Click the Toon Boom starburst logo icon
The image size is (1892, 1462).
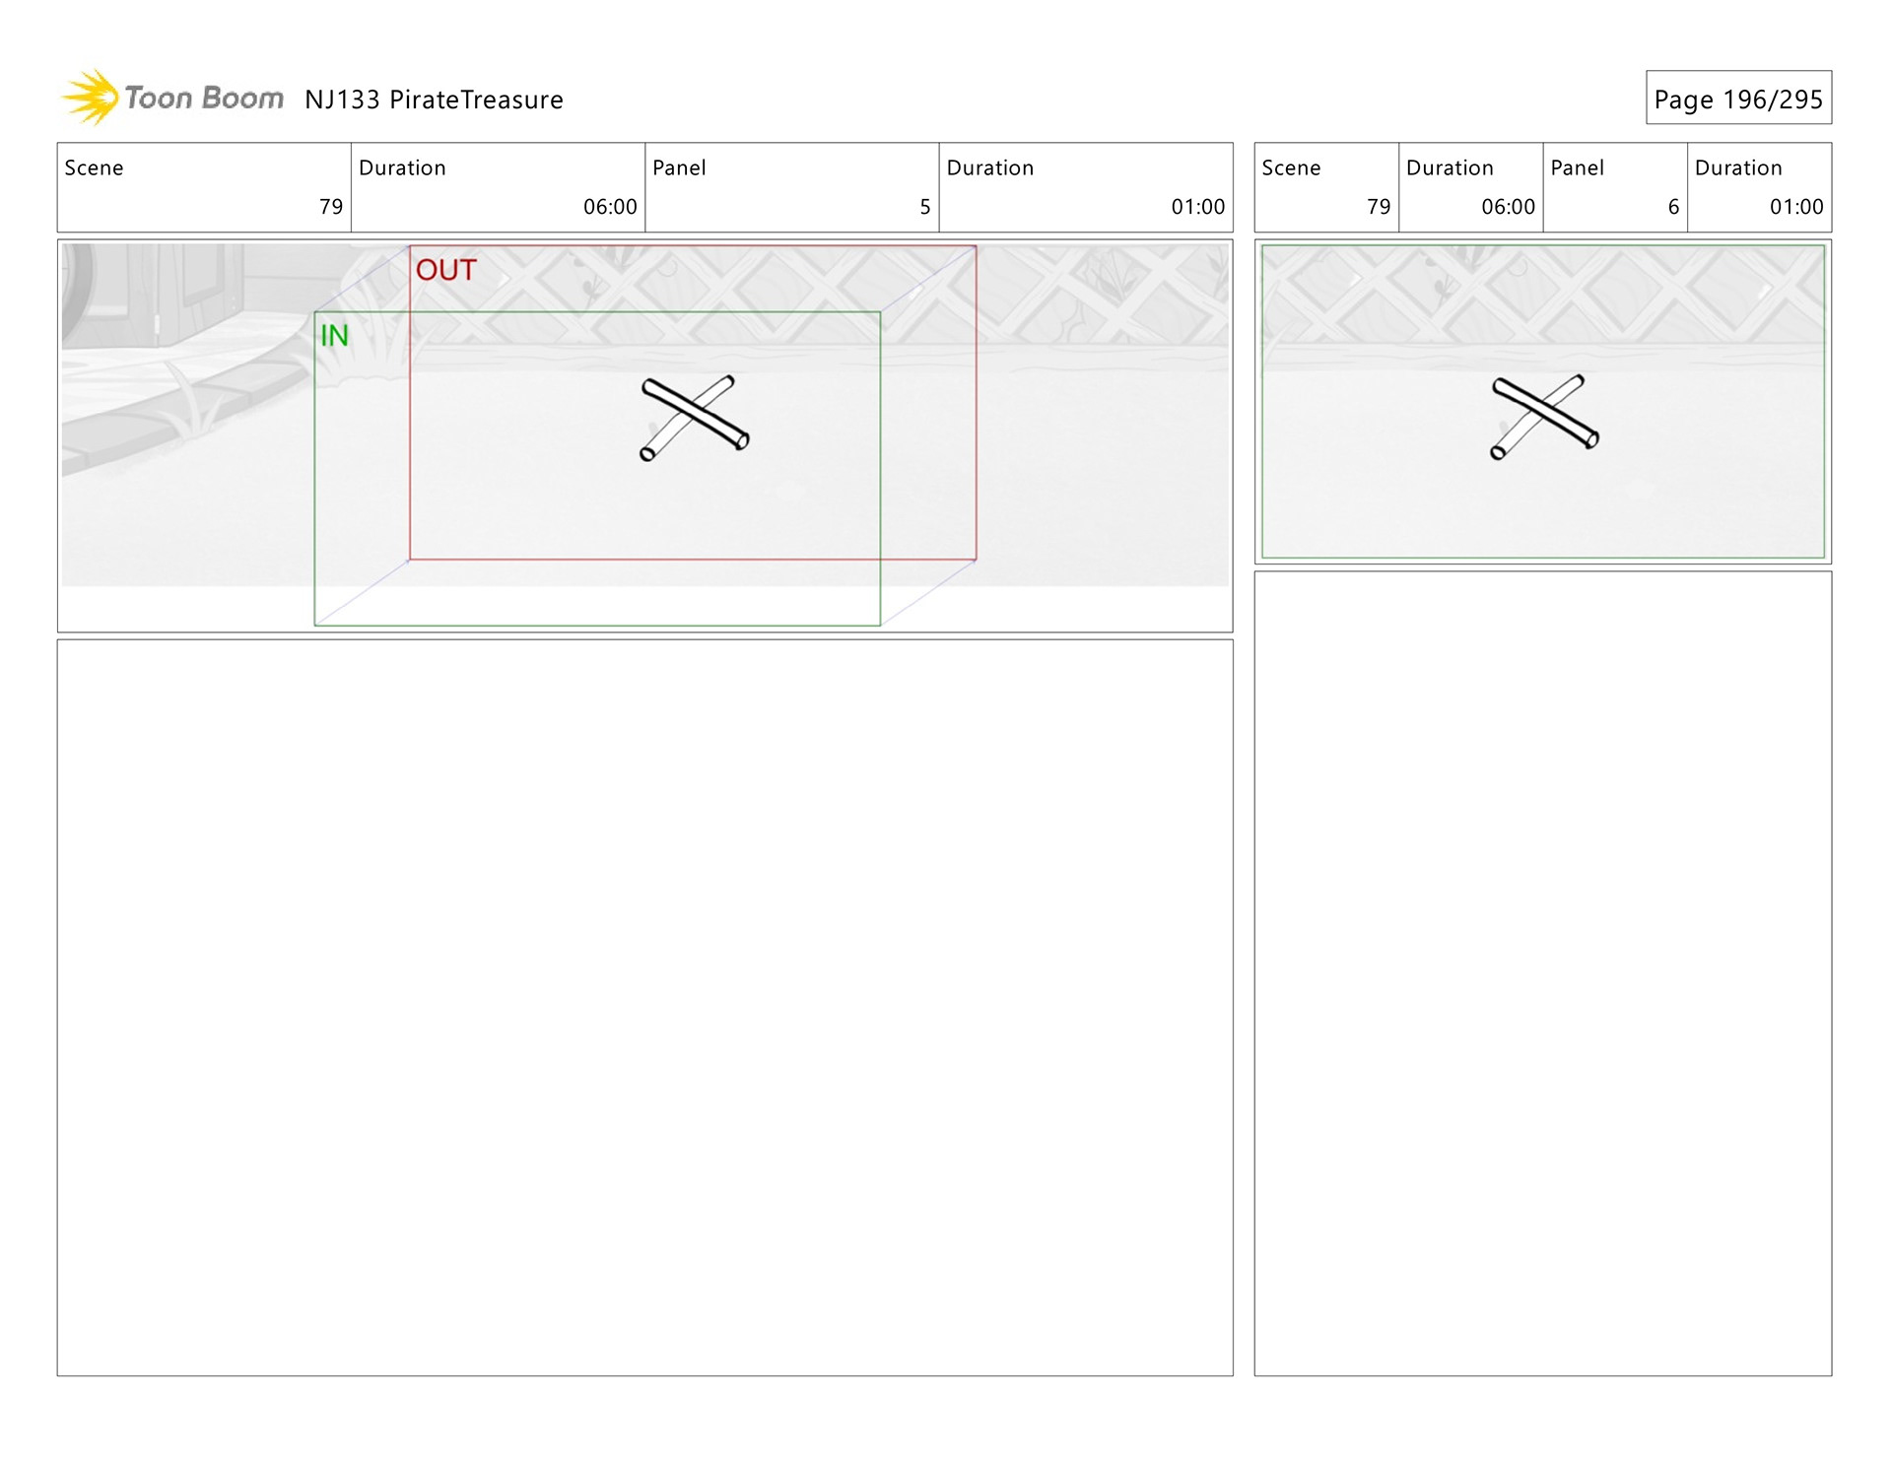[x=91, y=98]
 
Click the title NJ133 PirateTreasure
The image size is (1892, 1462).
[x=434, y=100]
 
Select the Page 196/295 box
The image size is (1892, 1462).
[x=1737, y=99]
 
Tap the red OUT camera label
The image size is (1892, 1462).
[x=445, y=270]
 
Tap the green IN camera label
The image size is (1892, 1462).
[x=334, y=336]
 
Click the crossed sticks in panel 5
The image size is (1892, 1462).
[x=695, y=418]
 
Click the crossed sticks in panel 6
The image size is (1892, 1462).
[x=1544, y=417]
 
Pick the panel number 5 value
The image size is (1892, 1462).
[x=924, y=207]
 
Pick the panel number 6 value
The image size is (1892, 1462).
[x=1672, y=207]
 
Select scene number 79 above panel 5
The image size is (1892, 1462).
[x=331, y=207]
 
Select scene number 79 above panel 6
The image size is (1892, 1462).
[x=1378, y=207]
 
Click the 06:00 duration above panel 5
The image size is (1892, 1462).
[x=610, y=207]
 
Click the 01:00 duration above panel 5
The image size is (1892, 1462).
[x=1197, y=207]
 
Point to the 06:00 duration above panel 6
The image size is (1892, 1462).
[x=1508, y=207]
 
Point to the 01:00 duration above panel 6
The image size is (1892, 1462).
[x=1795, y=207]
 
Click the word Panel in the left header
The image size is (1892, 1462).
[x=679, y=167]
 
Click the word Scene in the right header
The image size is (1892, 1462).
[x=1290, y=167]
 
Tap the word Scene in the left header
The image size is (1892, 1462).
[x=94, y=167]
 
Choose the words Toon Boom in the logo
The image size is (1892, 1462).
[x=204, y=98]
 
